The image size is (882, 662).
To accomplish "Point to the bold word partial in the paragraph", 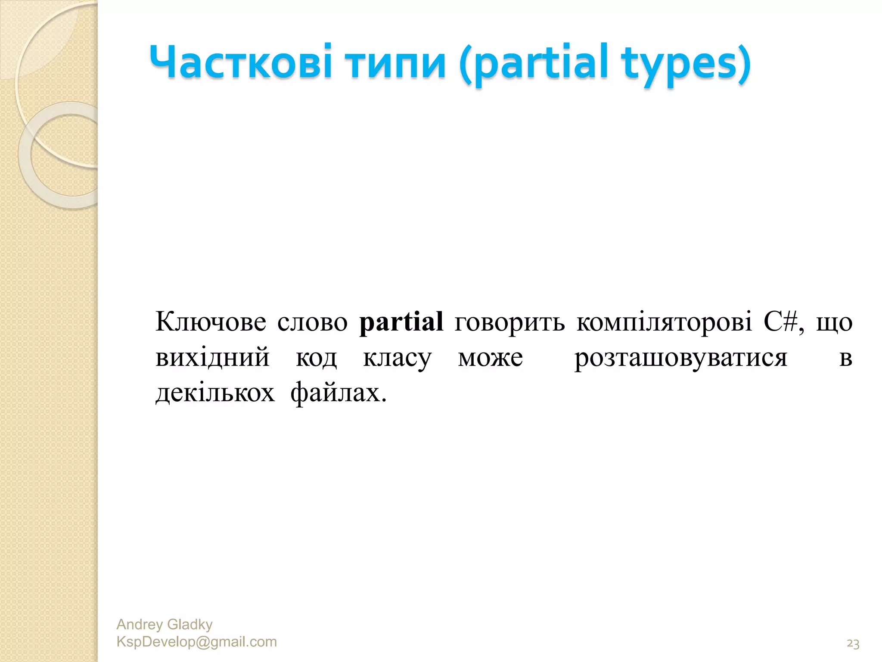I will [401, 322].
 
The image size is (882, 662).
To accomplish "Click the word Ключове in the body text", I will [211, 322].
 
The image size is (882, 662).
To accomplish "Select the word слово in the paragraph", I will [312, 322].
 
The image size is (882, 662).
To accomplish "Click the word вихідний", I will [212, 358].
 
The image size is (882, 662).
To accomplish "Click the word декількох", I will [215, 393].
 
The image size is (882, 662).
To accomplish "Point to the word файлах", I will [338, 393].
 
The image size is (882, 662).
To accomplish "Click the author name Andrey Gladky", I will [165, 624].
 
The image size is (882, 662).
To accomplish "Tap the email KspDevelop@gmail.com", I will [196, 641].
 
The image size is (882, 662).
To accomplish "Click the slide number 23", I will [853, 643].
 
